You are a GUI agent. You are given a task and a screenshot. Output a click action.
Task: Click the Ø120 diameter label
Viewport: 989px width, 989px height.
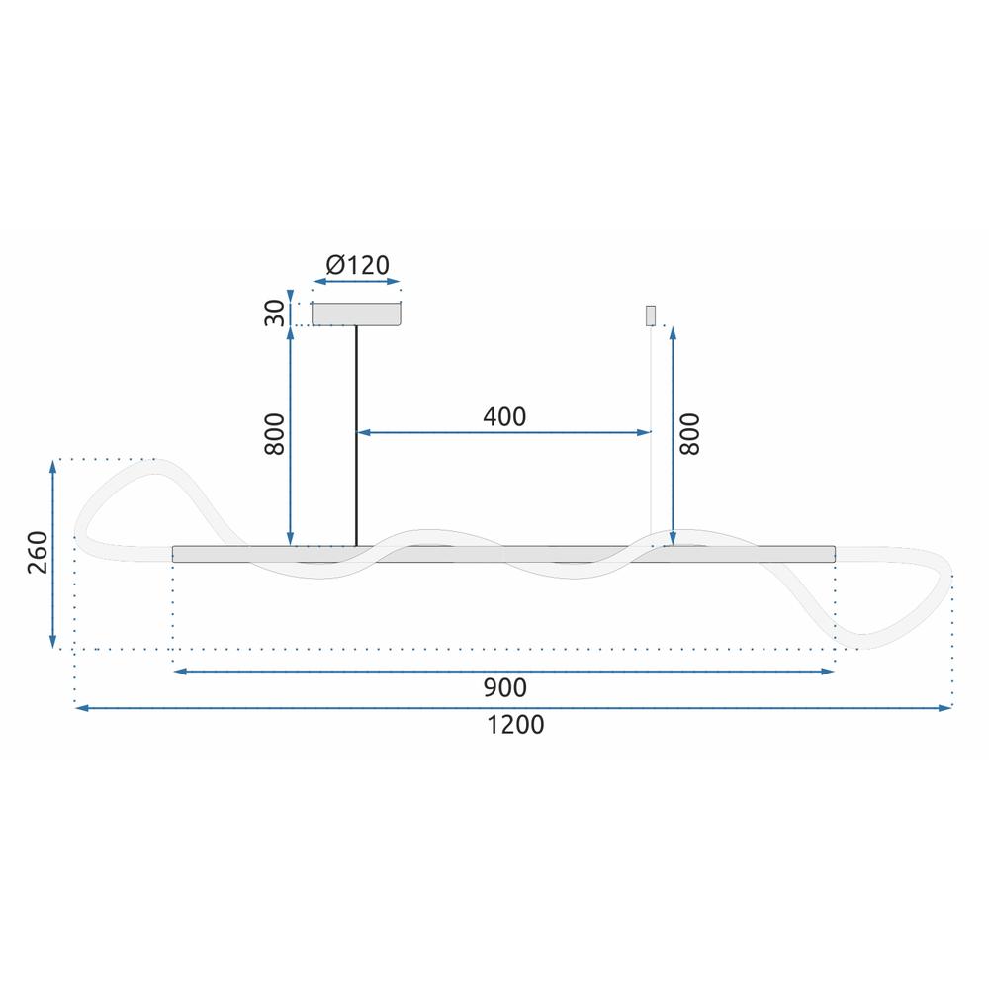[357, 264]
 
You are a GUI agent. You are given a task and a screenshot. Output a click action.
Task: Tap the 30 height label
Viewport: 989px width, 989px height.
[275, 313]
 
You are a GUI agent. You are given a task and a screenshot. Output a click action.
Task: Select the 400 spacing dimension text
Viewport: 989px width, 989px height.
[504, 416]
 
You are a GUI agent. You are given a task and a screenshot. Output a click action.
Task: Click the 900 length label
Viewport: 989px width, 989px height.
[504, 687]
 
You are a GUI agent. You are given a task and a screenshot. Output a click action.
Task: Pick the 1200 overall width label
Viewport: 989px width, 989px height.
[515, 725]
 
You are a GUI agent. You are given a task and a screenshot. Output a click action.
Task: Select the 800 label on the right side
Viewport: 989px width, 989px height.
[690, 433]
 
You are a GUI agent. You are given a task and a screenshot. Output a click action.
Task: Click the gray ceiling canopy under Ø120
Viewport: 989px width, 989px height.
[356, 314]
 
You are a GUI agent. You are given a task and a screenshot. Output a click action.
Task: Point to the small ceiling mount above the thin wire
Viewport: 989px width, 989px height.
[650, 315]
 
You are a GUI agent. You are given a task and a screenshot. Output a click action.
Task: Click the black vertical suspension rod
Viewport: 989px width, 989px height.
[355, 435]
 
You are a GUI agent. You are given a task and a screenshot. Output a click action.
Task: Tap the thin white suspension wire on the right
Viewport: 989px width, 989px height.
[649, 435]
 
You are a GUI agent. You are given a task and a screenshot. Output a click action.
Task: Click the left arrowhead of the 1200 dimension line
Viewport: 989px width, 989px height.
[80, 708]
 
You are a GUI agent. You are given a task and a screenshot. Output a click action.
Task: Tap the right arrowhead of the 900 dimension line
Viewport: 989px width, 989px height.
[830, 672]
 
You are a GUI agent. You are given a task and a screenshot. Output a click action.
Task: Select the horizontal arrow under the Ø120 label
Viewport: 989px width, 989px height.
[356, 283]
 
